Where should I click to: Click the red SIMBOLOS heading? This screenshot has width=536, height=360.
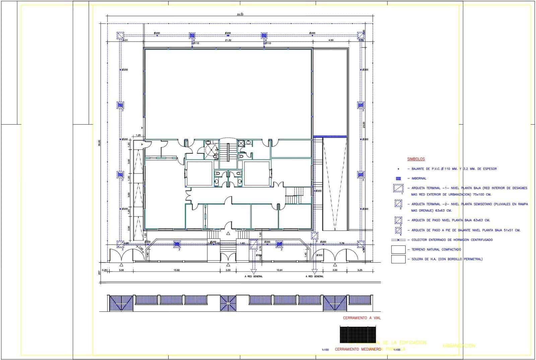416,159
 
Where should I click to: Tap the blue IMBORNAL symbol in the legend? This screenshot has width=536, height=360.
398,178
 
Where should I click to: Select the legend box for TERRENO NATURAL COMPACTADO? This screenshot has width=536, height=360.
398,249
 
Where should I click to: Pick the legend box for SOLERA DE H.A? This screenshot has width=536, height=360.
398,259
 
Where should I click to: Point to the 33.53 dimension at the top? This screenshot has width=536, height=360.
240,14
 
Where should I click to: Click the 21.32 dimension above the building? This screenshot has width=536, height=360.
228,40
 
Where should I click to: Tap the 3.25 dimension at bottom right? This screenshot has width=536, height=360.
360,270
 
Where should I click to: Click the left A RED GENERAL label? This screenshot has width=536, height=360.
253,277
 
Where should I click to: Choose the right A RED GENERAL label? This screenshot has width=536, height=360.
315,277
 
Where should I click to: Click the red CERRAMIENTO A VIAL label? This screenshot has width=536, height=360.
362,318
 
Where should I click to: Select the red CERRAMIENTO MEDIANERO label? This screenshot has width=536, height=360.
358,349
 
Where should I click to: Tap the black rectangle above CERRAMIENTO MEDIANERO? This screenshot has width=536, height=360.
357,334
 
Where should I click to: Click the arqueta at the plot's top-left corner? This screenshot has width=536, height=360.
120,35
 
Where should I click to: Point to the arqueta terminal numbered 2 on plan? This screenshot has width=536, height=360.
315,236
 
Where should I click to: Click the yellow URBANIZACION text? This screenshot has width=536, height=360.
459,346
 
